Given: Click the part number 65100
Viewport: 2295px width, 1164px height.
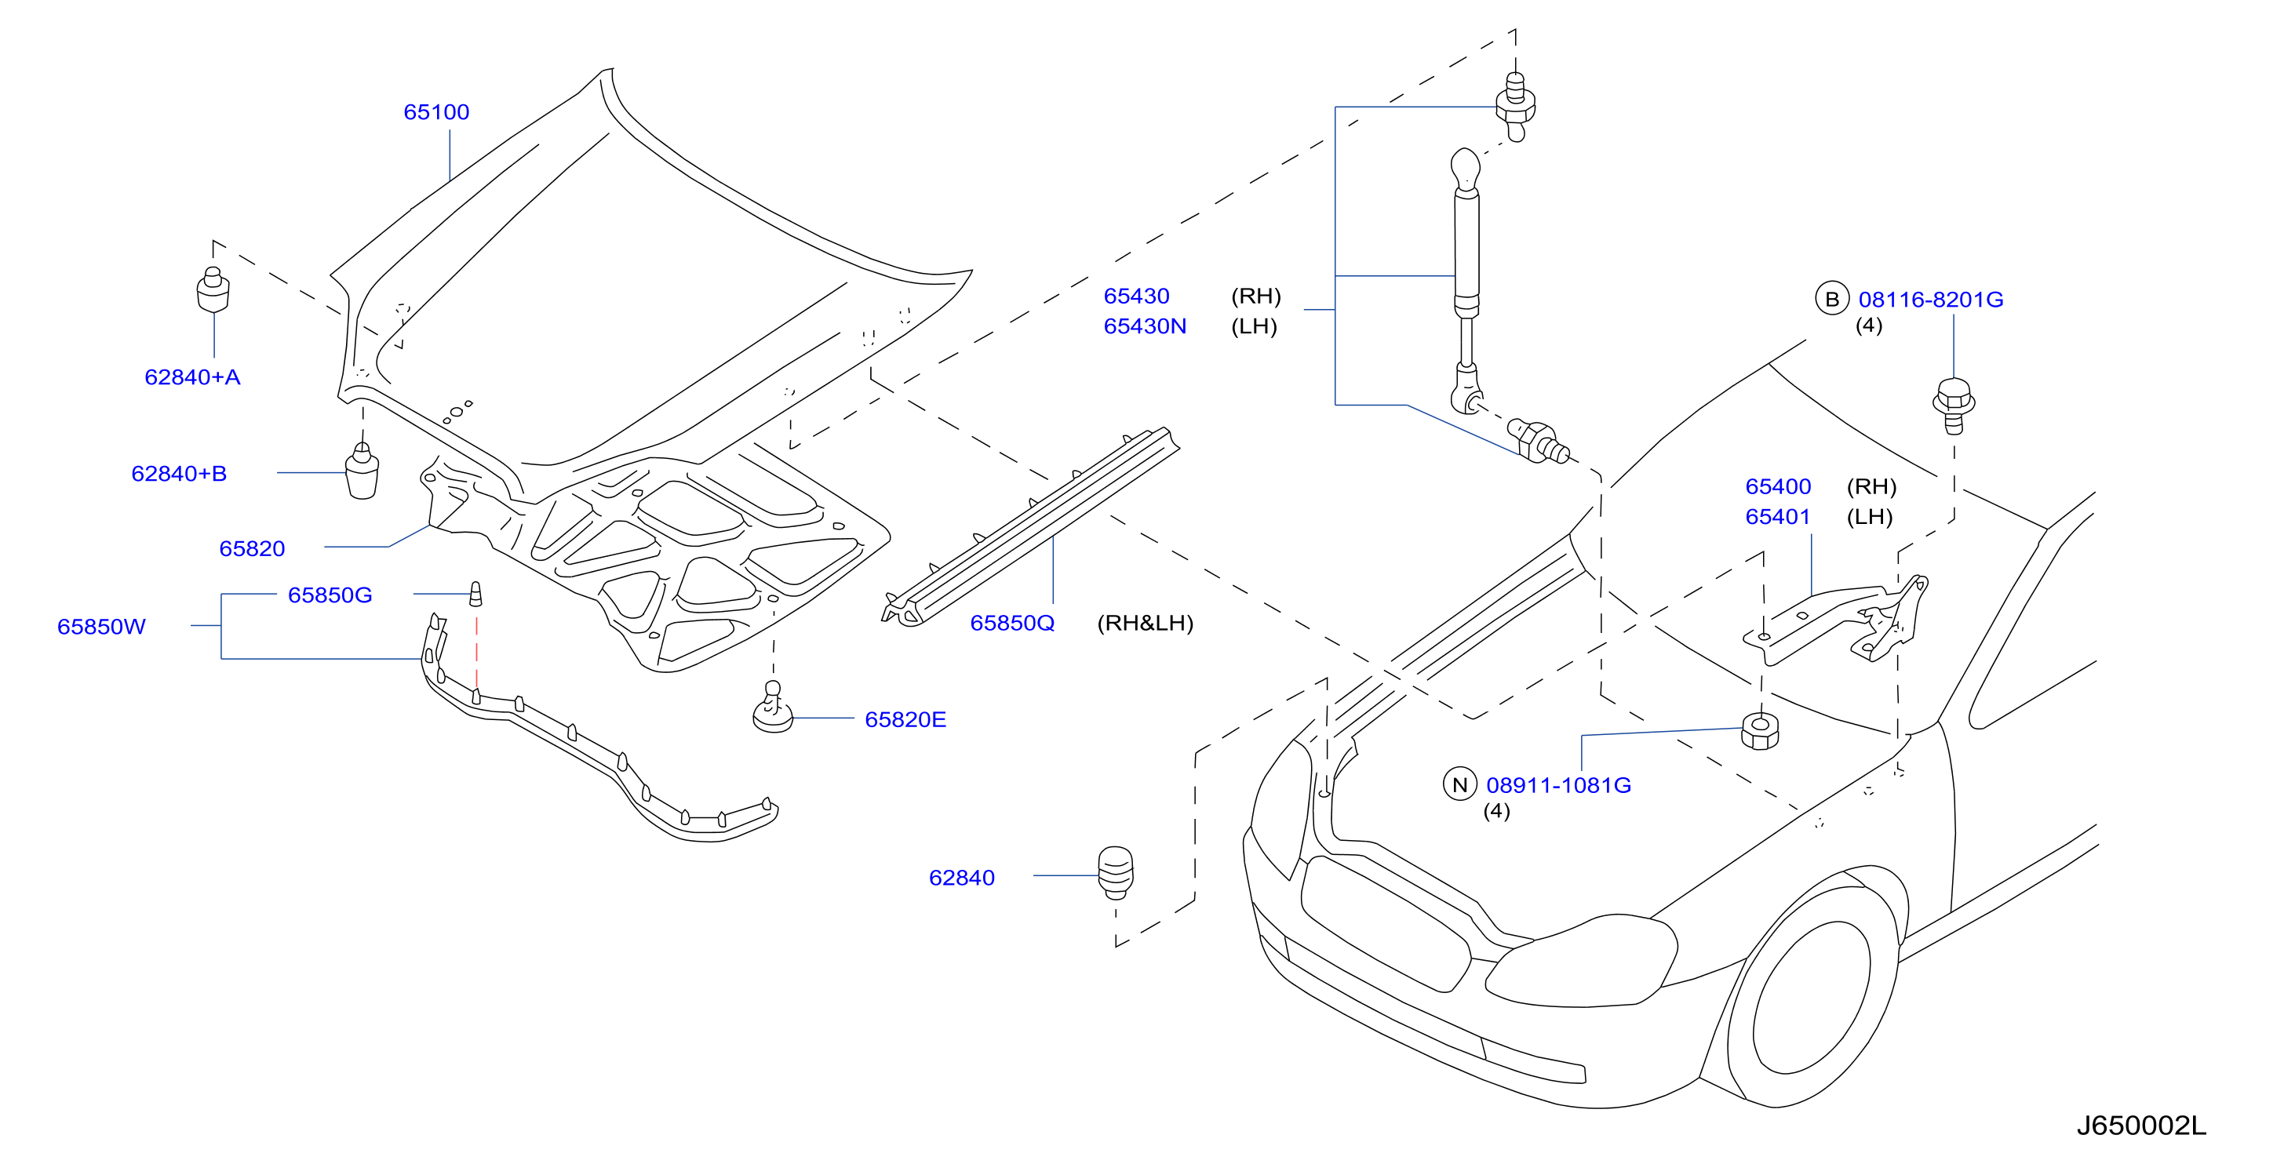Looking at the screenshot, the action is tap(436, 112).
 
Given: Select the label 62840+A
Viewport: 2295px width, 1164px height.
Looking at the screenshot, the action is tap(192, 377).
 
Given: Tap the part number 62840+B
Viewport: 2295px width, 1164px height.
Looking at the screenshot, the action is tap(179, 474).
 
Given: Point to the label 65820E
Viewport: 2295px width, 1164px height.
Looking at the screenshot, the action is tap(905, 719).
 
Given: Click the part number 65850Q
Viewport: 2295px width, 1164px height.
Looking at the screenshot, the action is tap(1012, 624).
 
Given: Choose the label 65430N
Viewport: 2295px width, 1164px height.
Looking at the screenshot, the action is tap(1145, 326).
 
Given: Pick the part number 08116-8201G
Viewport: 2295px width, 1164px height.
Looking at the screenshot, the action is tap(1931, 300).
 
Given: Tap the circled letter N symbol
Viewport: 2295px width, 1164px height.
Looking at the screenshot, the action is tap(1459, 784).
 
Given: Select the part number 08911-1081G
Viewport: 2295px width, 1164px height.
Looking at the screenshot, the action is tap(1559, 785).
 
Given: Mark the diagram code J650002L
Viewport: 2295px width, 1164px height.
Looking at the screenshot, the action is tap(2142, 1126).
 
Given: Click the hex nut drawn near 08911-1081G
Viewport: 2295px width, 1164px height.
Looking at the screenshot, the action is tap(1760, 731).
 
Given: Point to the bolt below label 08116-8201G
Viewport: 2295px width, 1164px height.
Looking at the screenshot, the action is tap(1954, 406).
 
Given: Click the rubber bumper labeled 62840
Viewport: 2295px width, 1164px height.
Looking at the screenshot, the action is tap(1116, 873).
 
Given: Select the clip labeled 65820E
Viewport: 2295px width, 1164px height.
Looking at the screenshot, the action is tap(772, 708).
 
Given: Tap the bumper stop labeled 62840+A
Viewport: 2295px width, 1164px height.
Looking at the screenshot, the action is tap(213, 290).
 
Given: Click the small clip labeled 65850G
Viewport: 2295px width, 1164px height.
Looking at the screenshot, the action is tap(475, 595).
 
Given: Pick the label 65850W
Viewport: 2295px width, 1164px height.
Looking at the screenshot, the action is tap(101, 627).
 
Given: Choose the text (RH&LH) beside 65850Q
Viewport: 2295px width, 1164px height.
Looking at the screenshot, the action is tap(1145, 624).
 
